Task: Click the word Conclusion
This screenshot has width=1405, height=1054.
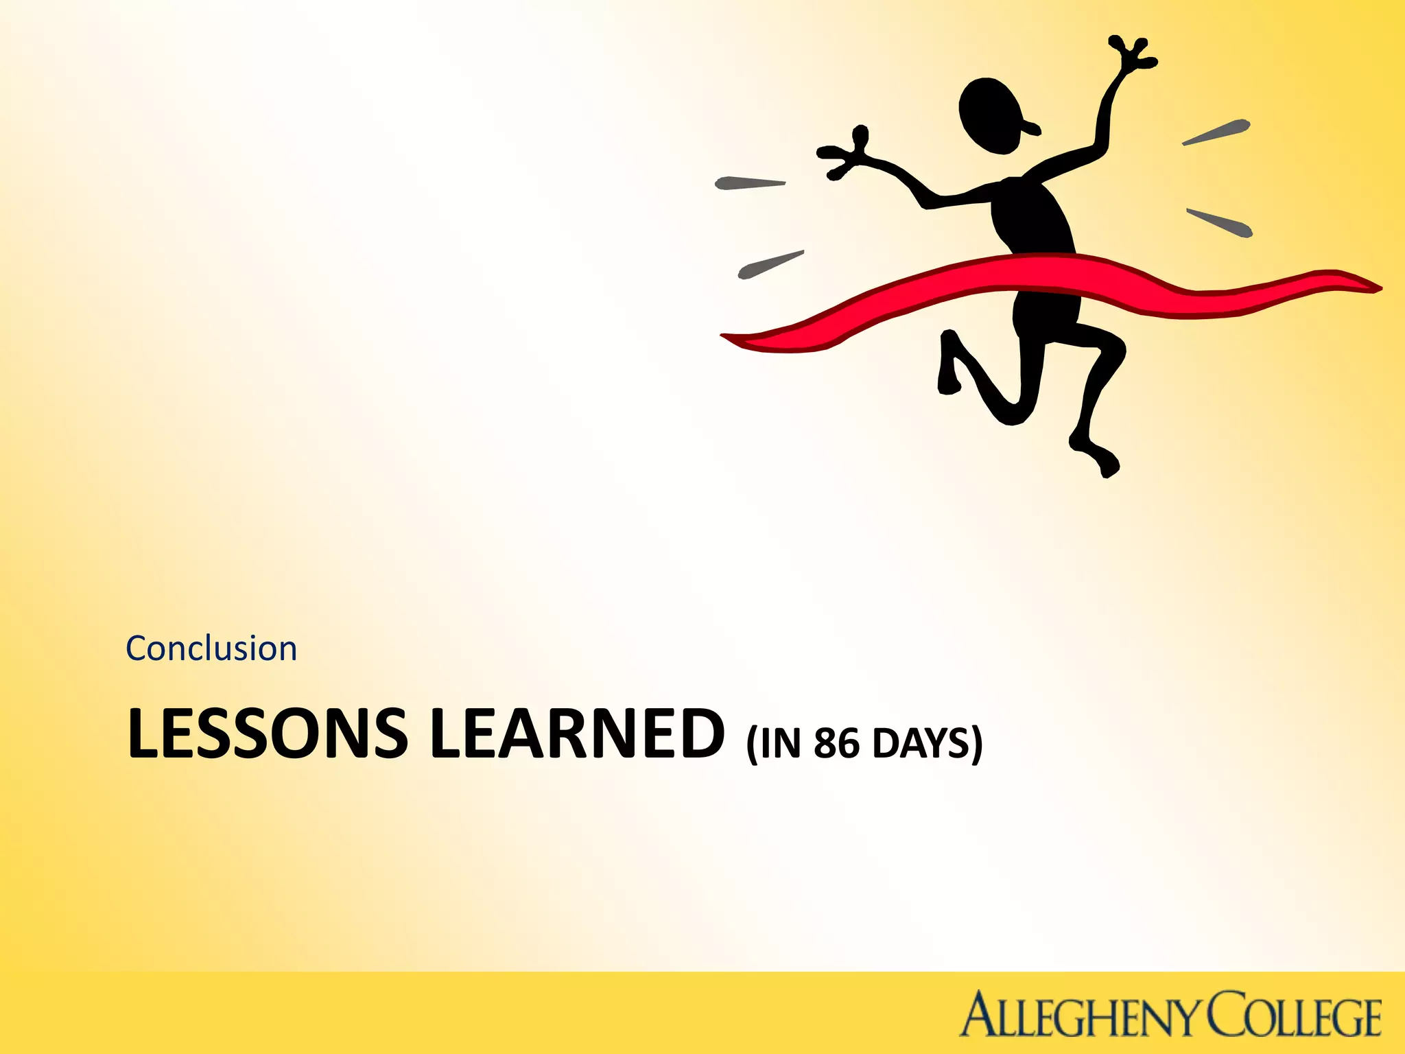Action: [211, 649]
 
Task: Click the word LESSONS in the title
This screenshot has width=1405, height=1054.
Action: [268, 734]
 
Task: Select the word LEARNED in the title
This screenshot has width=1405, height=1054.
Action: [577, 734]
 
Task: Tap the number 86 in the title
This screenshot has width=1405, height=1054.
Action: [836, 742]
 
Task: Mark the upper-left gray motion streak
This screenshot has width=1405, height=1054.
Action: [750, 183]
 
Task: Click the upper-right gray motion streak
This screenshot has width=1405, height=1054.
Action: [1216, 132]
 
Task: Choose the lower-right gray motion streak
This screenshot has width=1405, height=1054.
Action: [1220, 222]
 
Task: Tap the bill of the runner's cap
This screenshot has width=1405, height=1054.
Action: [1030, 126]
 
